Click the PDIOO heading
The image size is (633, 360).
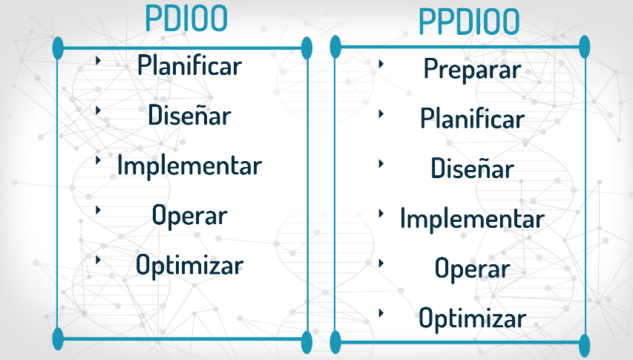[x=186, y=19]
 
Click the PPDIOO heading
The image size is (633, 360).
[x=469, y=22]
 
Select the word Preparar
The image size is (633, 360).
[x=472, y=70]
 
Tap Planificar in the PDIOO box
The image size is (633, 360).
[x=189, y=65]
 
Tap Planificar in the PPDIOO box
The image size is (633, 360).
[x=472, y=119]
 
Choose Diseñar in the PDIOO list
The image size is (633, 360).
[x=189, y=116]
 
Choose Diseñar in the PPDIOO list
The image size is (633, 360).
[x=472, y=168]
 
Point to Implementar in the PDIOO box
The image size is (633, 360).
[x=189, y=165]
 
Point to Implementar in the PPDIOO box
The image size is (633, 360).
[x=472, y=219]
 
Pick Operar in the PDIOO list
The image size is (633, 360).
[x=189, y=215]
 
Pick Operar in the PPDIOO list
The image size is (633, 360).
[x=472, y=269]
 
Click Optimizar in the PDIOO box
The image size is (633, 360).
[x=189, y=264]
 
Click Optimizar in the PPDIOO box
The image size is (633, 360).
[x=472, y=319]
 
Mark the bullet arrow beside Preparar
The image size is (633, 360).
[x=381, y=64]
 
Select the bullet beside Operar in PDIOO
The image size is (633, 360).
[x=98, y=209]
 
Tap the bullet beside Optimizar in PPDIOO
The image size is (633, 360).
[x=381, y=312]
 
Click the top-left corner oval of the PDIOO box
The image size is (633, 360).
[x=59, y=48]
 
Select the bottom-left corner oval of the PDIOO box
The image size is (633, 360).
[x=59, y=338]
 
